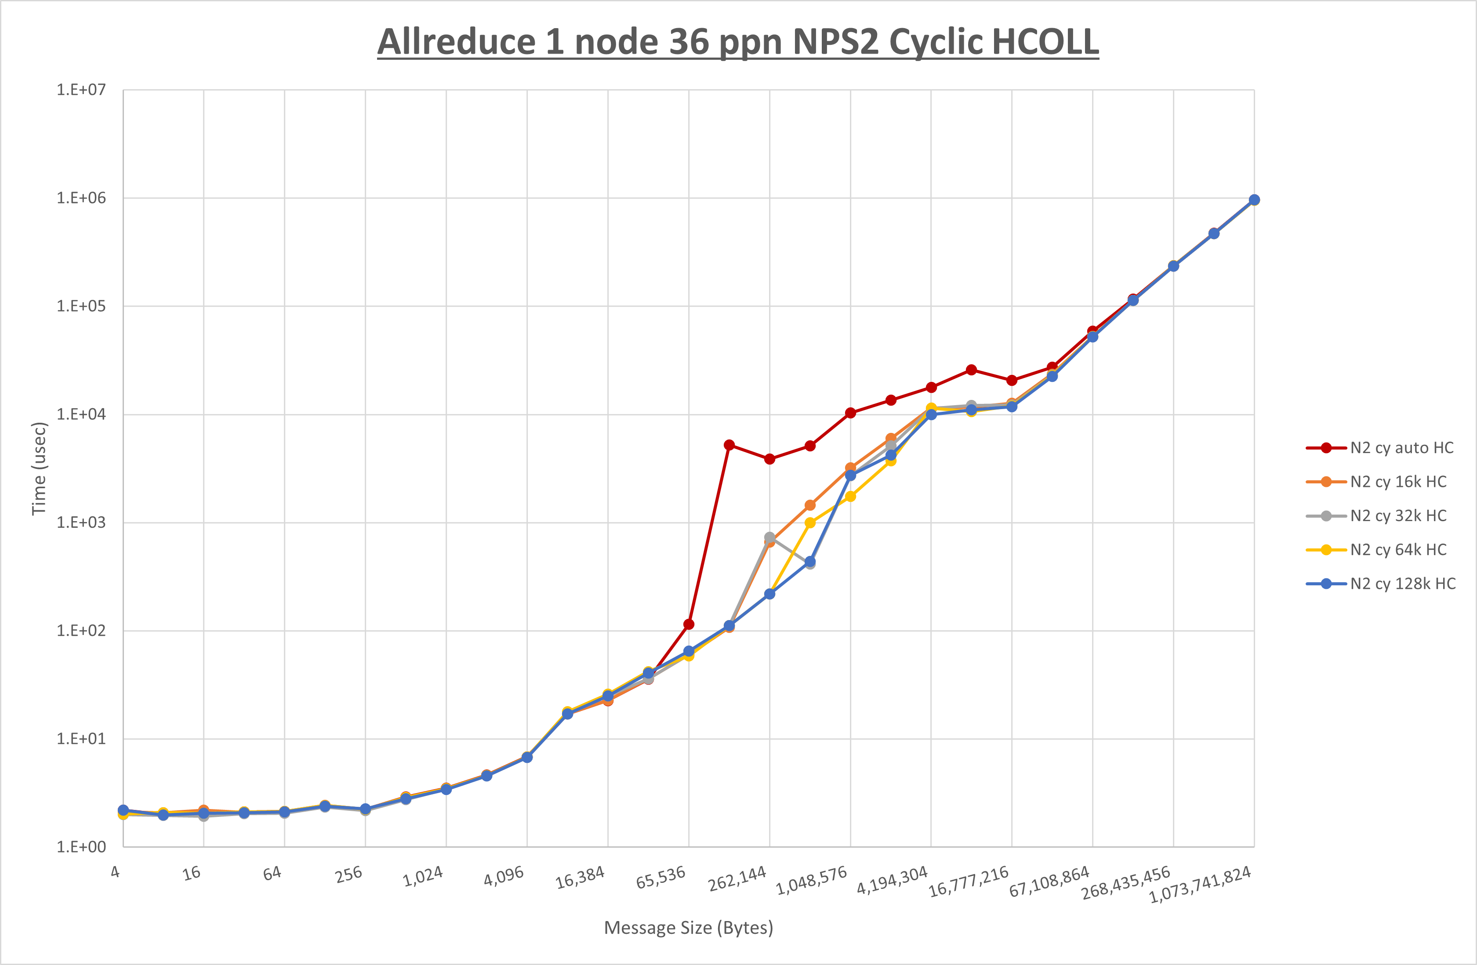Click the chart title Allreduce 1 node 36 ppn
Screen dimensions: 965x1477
coord(738,42)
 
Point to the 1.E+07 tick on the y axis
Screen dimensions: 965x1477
coord(81,90)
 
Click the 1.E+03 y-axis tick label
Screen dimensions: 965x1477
coord(81,522)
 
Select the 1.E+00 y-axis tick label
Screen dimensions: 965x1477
coord(81,847)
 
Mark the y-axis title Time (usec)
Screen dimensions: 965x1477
coord(39,468)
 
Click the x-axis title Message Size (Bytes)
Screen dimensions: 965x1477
coord(688,928)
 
